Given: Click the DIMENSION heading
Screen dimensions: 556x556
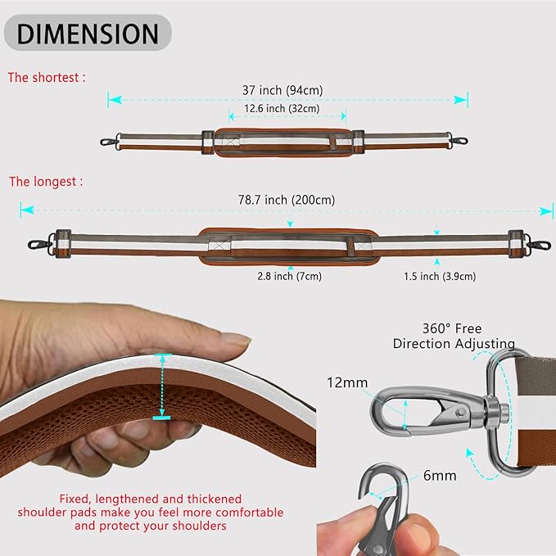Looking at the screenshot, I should (x=87, y=34).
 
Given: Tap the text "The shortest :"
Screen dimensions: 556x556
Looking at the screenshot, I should (x=47, y=78).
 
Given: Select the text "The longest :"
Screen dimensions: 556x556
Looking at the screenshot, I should (x=46, y=181).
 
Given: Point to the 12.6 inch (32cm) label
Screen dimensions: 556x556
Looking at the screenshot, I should (x=281, y=108).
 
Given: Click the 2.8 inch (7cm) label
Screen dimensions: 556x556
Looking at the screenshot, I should (x=287, y=276).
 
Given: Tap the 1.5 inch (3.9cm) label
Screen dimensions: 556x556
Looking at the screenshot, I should (x=440, y=277).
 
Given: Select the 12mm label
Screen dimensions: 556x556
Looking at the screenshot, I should (x=346, y=382).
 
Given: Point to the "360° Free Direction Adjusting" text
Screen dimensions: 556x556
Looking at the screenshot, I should (x=454, y=335).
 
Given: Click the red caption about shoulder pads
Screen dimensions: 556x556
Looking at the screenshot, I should (x=150, y=512).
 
